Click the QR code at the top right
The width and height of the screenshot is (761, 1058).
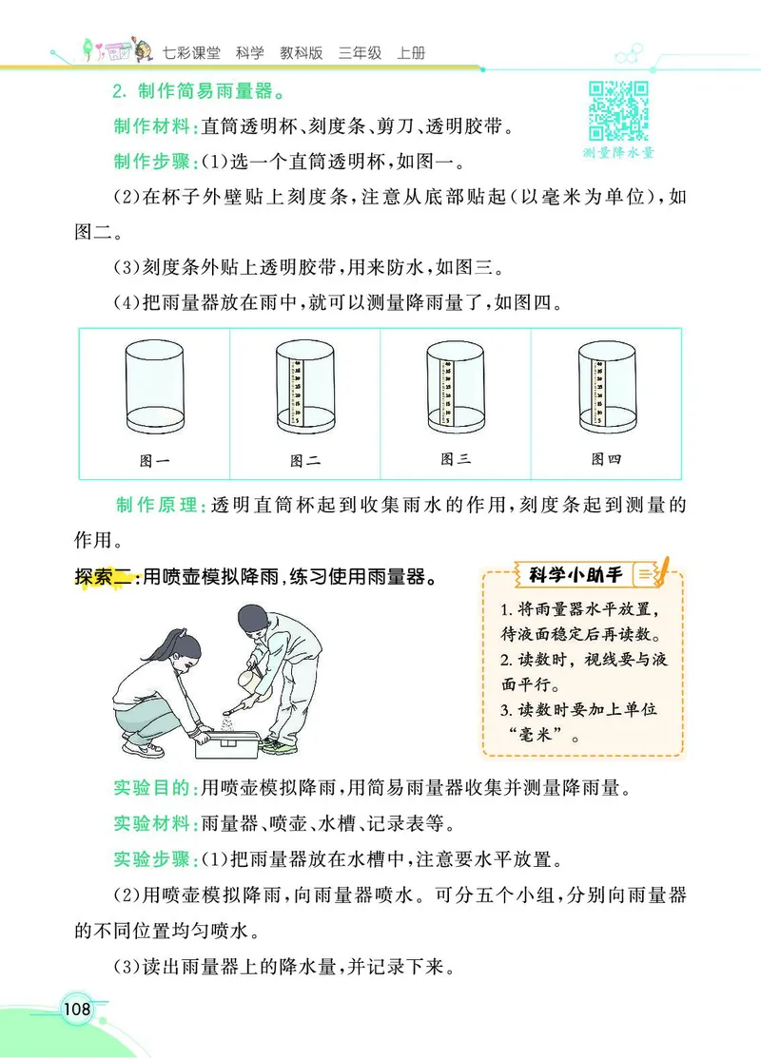point(618,110)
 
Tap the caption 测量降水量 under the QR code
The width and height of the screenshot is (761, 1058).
point(618,152)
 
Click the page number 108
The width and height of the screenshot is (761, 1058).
point(75,1009)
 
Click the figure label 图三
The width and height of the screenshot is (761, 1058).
point(456,459)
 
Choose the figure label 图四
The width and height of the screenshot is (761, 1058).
point(606,459)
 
